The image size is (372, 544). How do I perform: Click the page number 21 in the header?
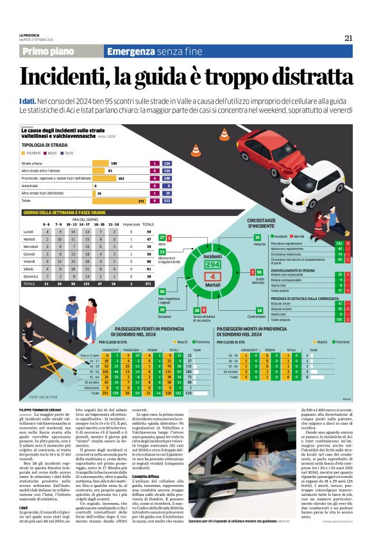pos(348,38)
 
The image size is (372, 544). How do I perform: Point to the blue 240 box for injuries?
pos(167,178)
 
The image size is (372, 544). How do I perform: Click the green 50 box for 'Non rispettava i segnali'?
pos(162,292)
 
